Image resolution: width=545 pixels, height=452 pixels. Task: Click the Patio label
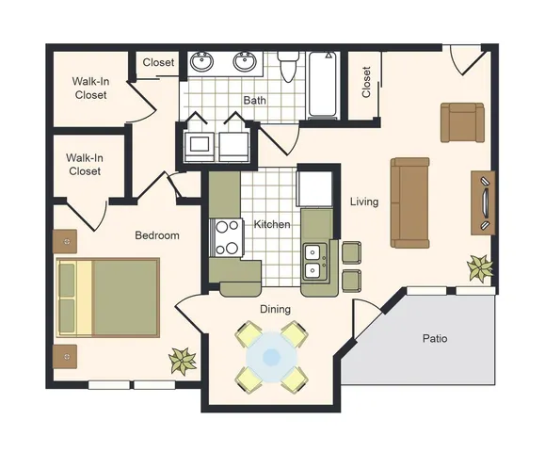tap(435, 338)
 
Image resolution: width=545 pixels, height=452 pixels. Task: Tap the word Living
tap(364, 202)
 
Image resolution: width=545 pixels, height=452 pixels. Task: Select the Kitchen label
tap(272, 224)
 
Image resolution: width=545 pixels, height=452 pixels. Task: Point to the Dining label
tap(275, 309)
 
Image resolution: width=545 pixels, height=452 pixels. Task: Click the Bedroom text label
tap(157, 235)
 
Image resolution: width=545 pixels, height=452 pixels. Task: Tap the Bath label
tap(255, 101)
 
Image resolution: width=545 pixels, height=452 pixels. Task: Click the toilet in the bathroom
tap(288, 67)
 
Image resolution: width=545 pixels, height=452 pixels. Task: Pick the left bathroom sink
tap(201, 61)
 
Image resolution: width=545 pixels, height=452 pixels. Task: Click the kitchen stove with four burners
tap(226, 238)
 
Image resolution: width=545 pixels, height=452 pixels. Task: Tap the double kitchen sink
tap(315, 262)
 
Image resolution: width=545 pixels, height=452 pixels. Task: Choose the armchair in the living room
tap(462, 122)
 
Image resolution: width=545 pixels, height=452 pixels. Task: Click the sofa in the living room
tap(410, 202)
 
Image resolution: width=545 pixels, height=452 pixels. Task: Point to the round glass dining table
tap(271, 357)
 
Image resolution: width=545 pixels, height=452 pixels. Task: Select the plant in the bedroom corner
tap(182, 361)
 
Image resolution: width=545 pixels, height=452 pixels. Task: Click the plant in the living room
tap(480, 267)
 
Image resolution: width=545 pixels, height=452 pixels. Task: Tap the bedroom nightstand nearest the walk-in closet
tap(65, 241)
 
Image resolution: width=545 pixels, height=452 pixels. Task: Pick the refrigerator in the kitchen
tap(315, 188)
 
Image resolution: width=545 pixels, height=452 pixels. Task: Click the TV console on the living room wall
tap(483, 202)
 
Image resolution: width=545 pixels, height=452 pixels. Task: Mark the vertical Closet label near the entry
tap(366, 82)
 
